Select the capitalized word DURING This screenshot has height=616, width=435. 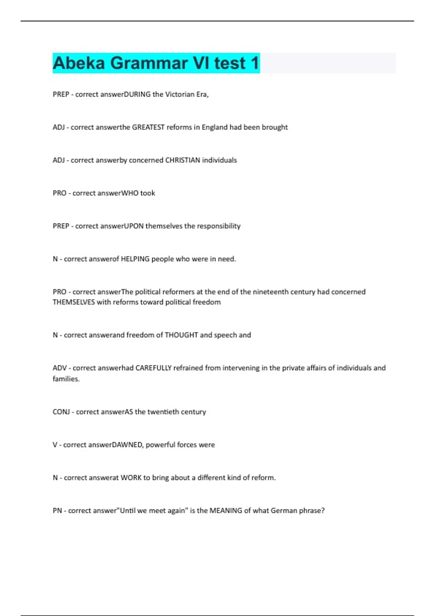point(137,95)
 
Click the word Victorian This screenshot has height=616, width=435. point(180,95)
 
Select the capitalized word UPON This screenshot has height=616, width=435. point(134,226)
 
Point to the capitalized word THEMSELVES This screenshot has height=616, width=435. point(74,302)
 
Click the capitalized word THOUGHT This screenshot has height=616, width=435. point(181,335)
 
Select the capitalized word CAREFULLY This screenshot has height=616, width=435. point(153,368)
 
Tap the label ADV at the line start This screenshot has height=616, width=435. point(60,368)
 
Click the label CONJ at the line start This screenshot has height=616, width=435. point(61,412)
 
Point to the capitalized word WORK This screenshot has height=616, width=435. point(131,478)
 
